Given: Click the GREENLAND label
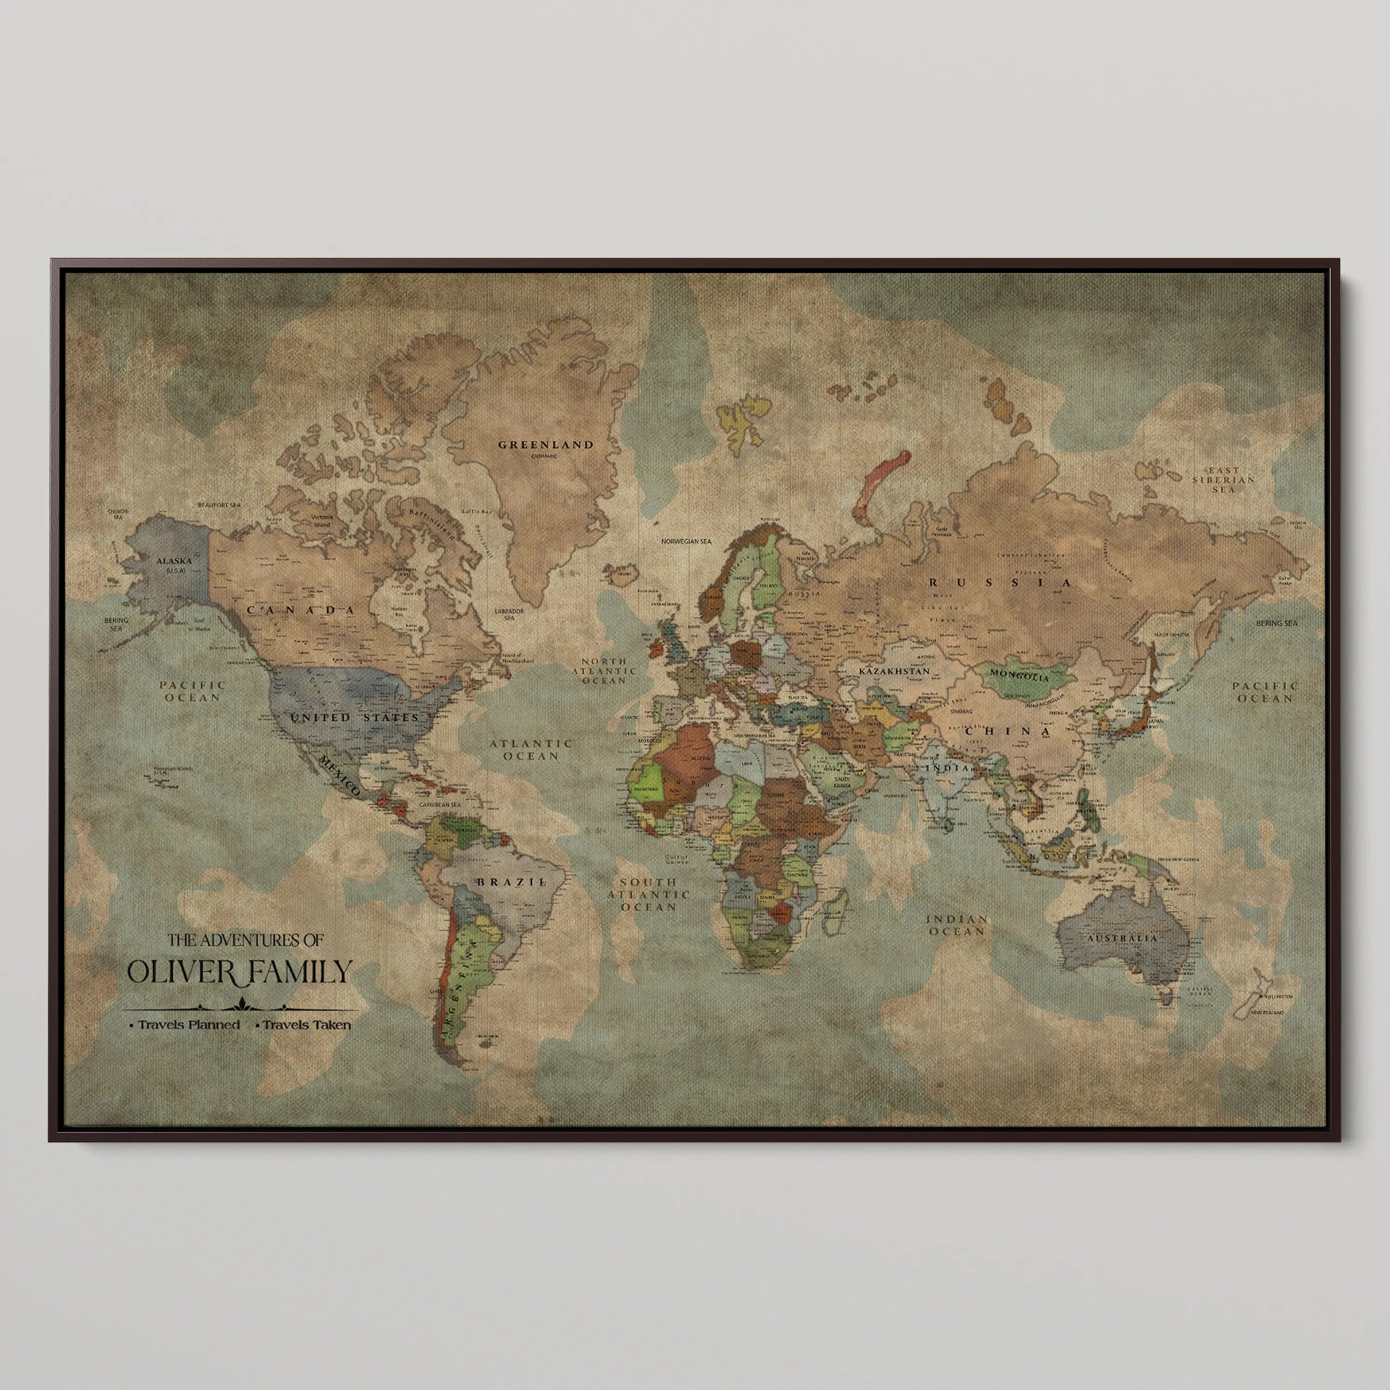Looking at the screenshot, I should (x=547, y=445).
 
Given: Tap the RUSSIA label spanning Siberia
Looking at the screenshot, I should (x=1000, y=583).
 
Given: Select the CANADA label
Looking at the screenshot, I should (x=302, y=610).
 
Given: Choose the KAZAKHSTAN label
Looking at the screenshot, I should (x=894, y=670).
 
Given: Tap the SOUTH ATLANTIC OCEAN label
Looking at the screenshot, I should (x=648, y=894).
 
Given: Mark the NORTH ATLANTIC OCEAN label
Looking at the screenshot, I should (x=604, y=670).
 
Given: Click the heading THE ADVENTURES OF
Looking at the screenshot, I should (x=246, y=940).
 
